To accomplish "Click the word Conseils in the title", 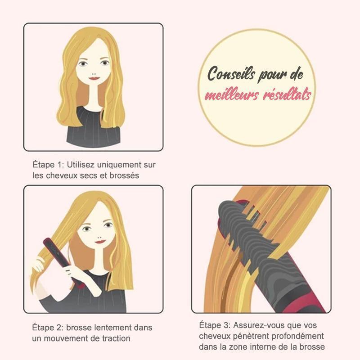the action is pos(231,74).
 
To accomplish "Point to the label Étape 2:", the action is pos(47,328).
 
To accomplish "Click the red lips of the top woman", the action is pos(94,78).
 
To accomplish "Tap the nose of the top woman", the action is pos(94,74).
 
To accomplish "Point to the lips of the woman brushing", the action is pos(100,242).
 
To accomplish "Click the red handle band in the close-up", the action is pos(306,303).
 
